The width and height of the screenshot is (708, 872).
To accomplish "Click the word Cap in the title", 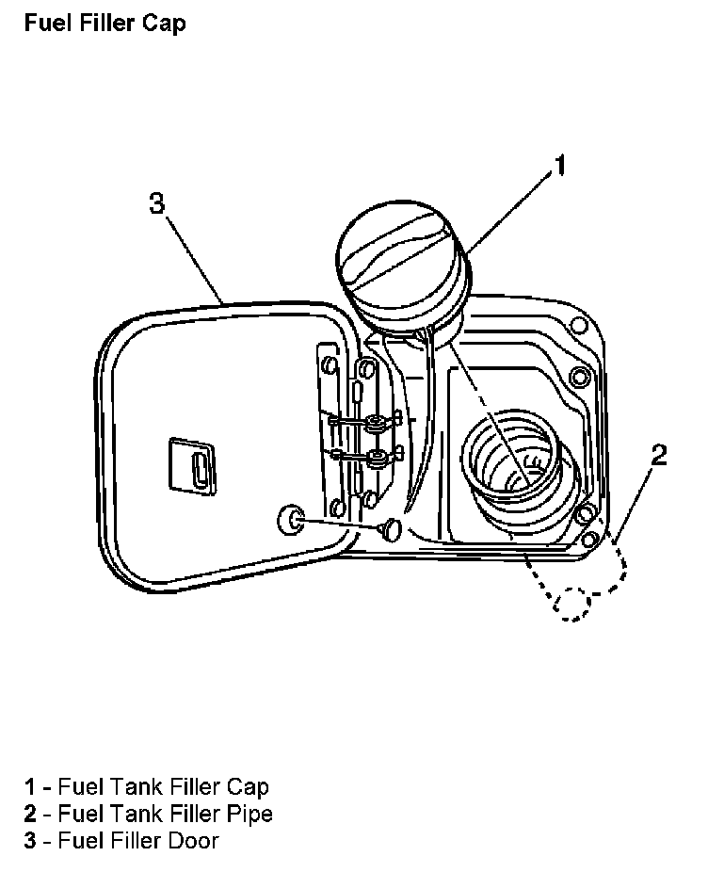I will coord(164,24).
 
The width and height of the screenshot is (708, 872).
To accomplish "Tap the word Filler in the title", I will coord(108,24).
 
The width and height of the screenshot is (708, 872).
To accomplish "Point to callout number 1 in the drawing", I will coord(558,167).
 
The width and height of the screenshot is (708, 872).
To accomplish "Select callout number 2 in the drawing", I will coord(659,456).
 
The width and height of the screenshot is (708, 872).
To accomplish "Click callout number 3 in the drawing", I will coord(157,202).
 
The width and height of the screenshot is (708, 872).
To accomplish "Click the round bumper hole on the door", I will coord(289,518).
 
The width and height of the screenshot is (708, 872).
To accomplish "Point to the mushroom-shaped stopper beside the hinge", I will coord(390,530).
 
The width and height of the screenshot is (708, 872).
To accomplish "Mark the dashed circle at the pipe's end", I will coord(572,604).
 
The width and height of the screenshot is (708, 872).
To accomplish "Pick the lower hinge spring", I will coord(375,459).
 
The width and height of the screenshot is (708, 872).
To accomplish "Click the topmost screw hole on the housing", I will coord(579,328).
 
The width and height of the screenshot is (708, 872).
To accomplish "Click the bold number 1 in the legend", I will coord(30,786).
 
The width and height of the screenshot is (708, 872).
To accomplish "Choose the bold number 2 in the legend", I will coord(30,813).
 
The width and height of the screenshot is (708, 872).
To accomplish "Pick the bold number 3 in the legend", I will coord(30,840).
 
